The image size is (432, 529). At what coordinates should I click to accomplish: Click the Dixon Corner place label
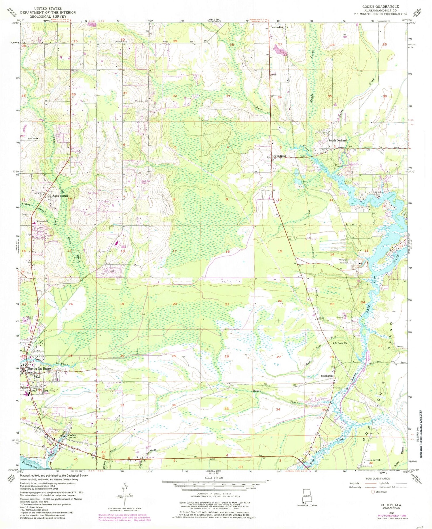pos(60,196)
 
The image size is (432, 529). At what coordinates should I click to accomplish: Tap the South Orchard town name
pos(338,141)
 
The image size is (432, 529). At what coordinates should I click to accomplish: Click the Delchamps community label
pos(327,376)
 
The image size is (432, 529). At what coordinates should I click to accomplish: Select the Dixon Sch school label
pos(42,221)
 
